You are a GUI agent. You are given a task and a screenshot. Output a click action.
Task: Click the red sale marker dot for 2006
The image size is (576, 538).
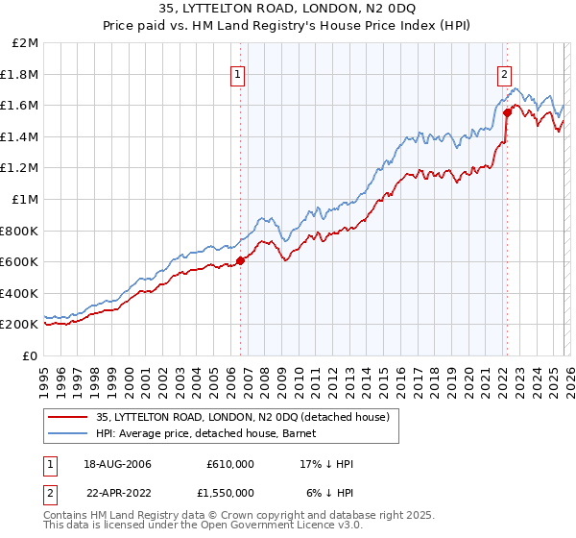[240, 259]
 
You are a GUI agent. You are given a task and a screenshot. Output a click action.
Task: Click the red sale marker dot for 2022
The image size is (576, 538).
[506, 112]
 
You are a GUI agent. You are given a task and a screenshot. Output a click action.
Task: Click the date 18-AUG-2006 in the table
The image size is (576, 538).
[117, 464]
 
